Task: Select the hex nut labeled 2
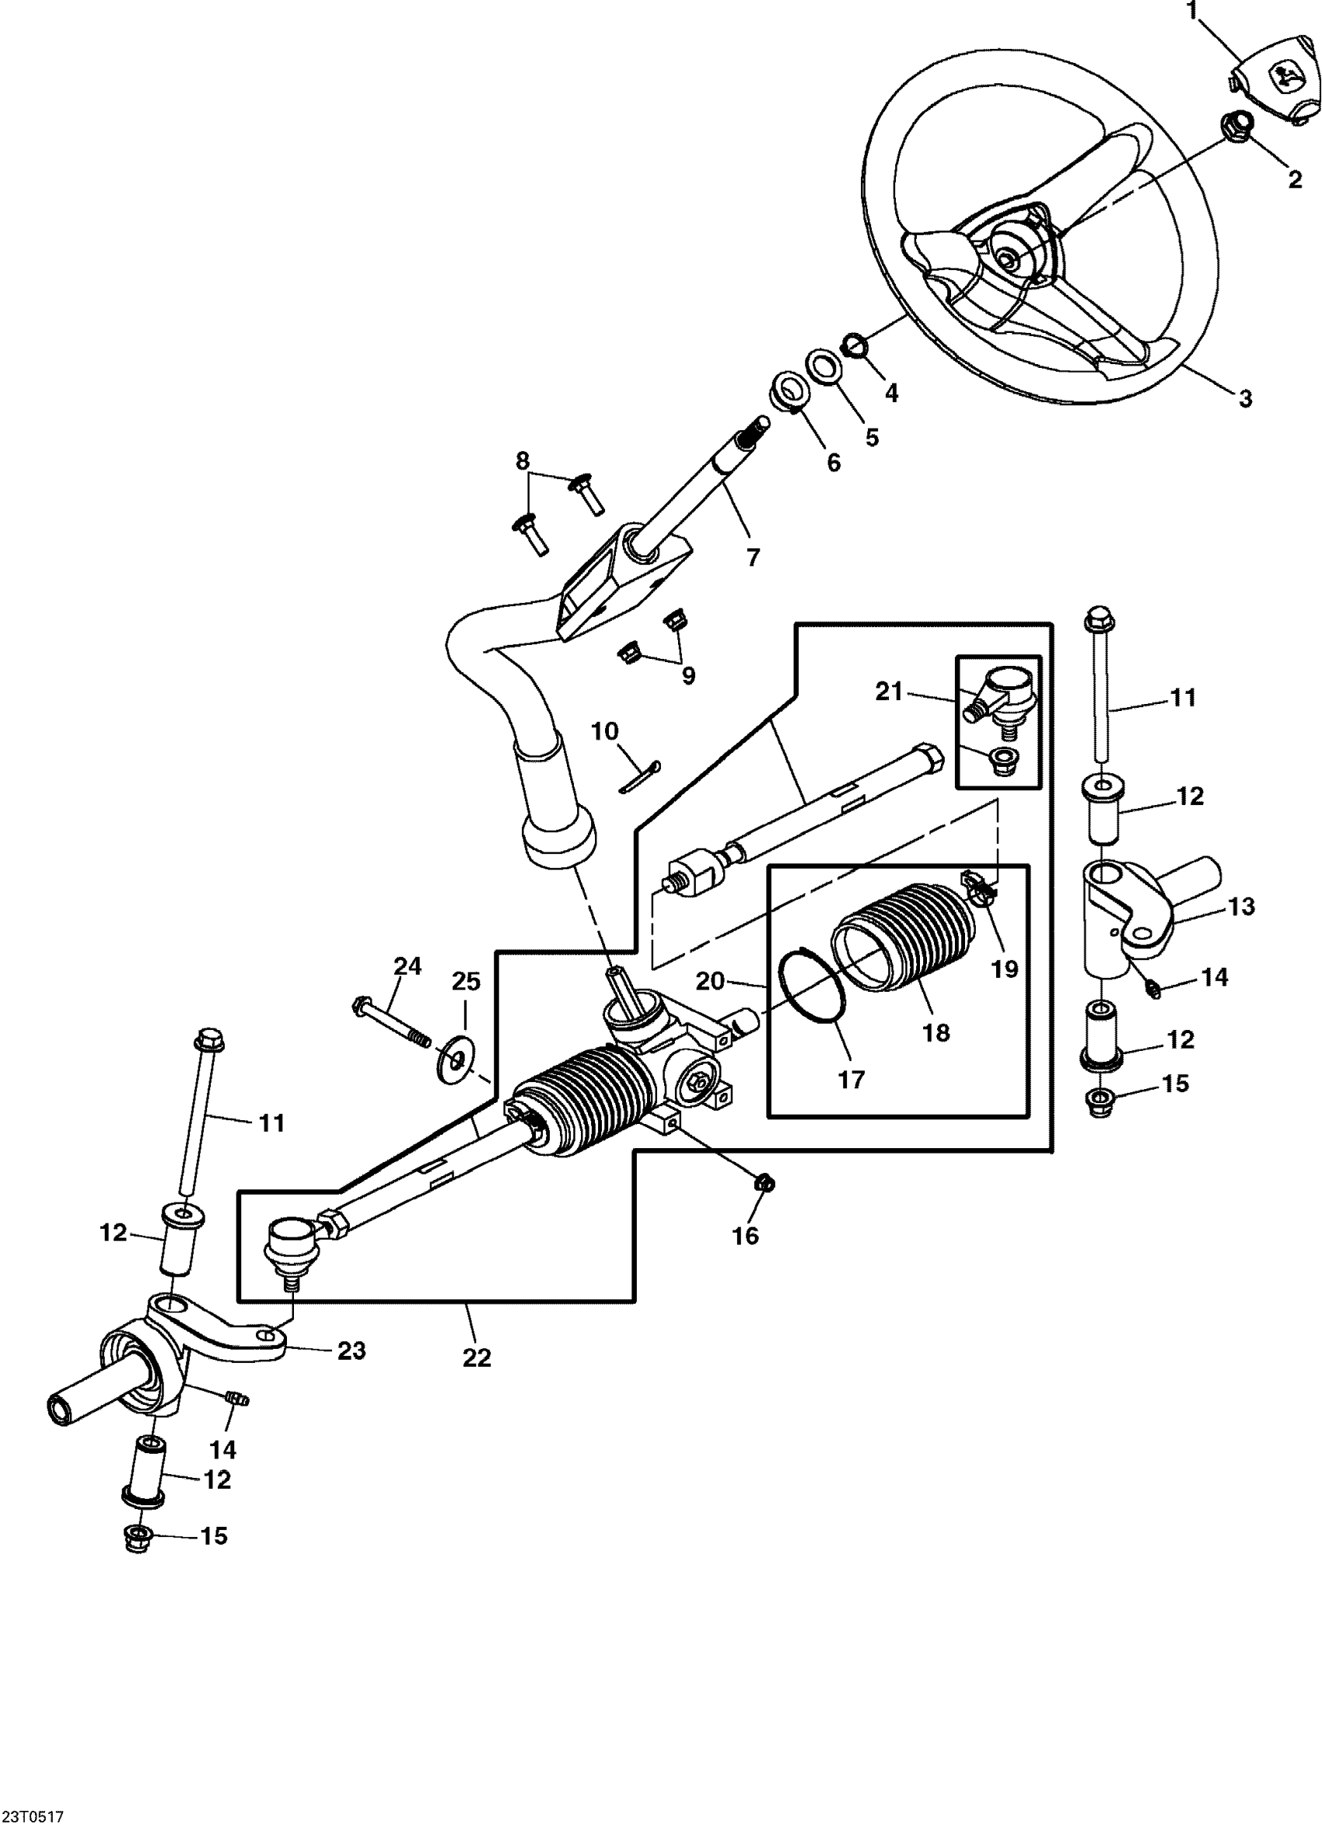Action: [1237, 125]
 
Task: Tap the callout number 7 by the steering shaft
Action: [754, 558]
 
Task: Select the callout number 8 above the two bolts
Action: [523, 462]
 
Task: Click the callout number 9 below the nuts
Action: [688, 674]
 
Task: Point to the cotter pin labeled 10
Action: [642, 778]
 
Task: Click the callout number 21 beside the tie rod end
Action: [889, 692]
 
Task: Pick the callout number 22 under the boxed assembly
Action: [477, 1358]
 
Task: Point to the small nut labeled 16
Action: [764, 1183]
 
